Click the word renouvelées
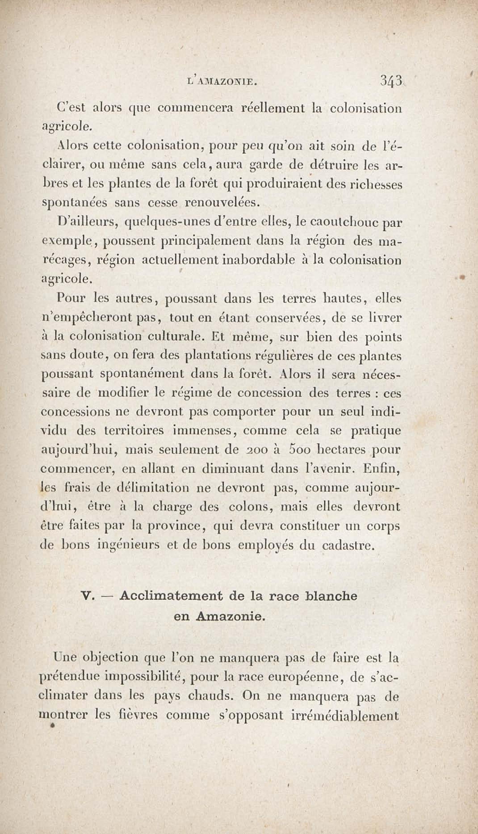[x=222, y=203]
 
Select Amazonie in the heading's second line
[x=230, y=617]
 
